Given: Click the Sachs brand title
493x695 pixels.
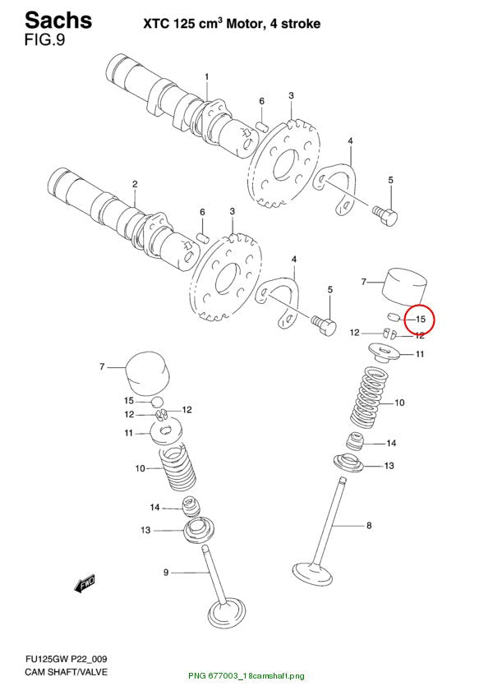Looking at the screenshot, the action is (58, 20).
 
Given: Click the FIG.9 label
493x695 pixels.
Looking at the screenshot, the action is (44, 40).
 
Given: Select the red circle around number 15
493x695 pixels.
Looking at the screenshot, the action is (420, 320).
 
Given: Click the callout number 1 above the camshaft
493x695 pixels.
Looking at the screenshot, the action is (206, 77).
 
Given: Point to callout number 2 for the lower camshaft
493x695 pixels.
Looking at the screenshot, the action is (135, 184).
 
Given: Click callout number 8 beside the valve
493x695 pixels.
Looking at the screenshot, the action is (369, 526).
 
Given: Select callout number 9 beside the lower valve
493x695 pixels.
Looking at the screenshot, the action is (166, 573).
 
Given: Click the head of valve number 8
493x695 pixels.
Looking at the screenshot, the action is (312, 574).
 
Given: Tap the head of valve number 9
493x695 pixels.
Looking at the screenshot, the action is (227, 614).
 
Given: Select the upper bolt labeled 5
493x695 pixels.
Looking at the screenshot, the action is (385, 216).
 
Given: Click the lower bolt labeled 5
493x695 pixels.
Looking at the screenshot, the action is (324, 325).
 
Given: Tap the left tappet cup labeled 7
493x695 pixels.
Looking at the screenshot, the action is (148, 373).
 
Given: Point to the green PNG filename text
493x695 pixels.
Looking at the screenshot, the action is (246, 676).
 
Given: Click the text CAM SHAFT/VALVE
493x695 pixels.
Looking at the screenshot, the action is (66, 672).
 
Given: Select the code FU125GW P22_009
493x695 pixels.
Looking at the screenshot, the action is (66, 659).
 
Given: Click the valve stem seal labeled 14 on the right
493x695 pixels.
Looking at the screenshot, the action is (355, 440).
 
